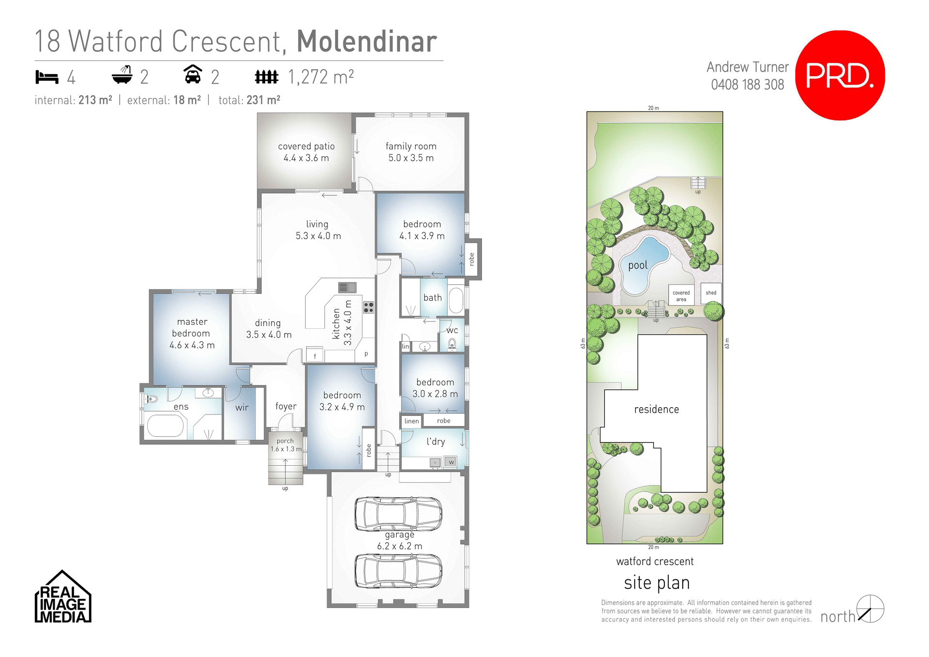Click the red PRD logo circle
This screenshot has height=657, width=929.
(839, 76)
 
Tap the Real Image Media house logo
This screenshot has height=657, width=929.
(63, 598)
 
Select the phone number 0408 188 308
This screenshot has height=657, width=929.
(747, 85)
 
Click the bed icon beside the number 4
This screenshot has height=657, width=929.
(47, 77)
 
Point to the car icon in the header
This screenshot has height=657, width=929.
(193, 75)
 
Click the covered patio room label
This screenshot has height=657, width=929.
(306, 152)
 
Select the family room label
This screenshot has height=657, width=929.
(411, 152)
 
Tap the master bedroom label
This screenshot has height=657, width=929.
(192, 333)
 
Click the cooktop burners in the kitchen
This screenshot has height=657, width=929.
(368, 307)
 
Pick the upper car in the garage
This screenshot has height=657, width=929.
(398, 514)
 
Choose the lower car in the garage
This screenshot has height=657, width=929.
(398, 571)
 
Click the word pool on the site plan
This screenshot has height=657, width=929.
(638, 265)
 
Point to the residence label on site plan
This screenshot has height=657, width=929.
(656, 410)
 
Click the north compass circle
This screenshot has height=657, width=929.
(870, 609)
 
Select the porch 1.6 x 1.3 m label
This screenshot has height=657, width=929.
(285, 445)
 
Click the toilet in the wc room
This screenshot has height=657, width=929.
(452, 344)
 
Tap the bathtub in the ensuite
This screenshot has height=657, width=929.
(165, 426)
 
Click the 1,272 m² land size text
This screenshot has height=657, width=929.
(321, 77)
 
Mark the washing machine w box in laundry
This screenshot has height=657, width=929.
(451, 462)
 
